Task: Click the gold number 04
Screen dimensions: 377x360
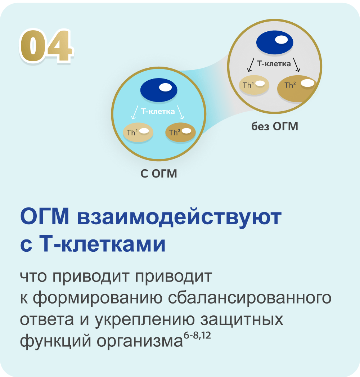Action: [x=46, y=46]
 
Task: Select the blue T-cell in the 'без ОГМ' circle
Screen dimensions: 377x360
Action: [x=275, y=42]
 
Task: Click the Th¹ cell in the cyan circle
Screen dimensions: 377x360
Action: [x=138, y=133]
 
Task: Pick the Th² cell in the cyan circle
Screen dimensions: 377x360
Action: [x=180, y=133]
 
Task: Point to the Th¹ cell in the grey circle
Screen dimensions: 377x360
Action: [x=254, y=85]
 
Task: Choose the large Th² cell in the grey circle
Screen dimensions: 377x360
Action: [x=297, y=88]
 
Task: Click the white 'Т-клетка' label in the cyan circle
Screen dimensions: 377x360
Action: [x=158, y=112]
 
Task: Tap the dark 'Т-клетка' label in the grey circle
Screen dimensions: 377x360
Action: [x=274, y=64]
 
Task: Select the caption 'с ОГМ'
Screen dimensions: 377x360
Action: [x=158, y=174]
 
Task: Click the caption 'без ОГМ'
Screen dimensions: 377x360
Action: [x=275, y=127]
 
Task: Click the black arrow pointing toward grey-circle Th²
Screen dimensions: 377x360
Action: [x=297, y=65]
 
